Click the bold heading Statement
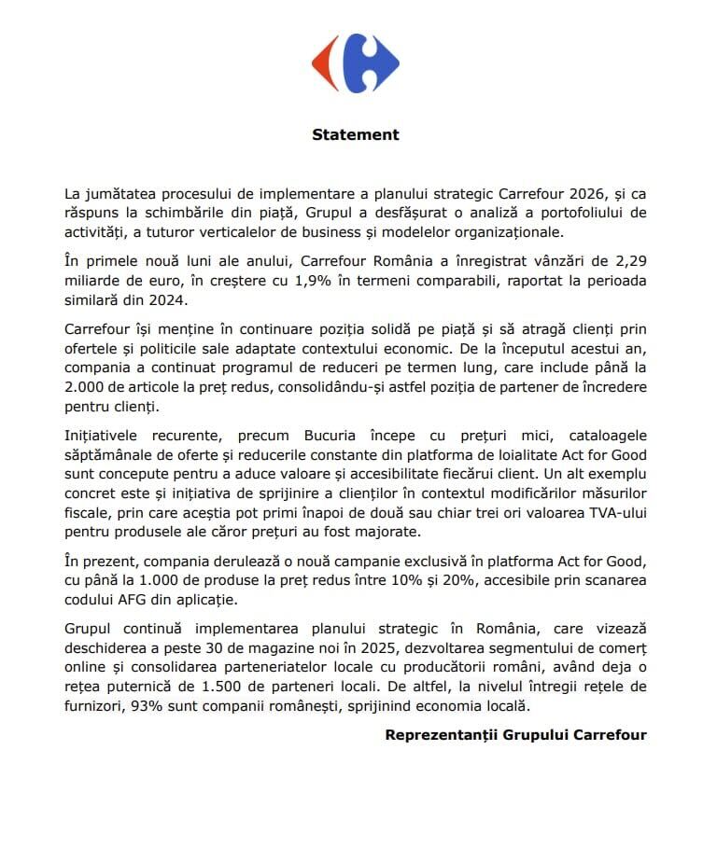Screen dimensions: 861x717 coord(355,134)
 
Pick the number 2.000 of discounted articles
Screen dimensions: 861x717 coord(87,386)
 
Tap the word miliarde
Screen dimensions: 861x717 coord(96,281)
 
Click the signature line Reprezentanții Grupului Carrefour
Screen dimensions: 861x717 coord(515,734)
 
